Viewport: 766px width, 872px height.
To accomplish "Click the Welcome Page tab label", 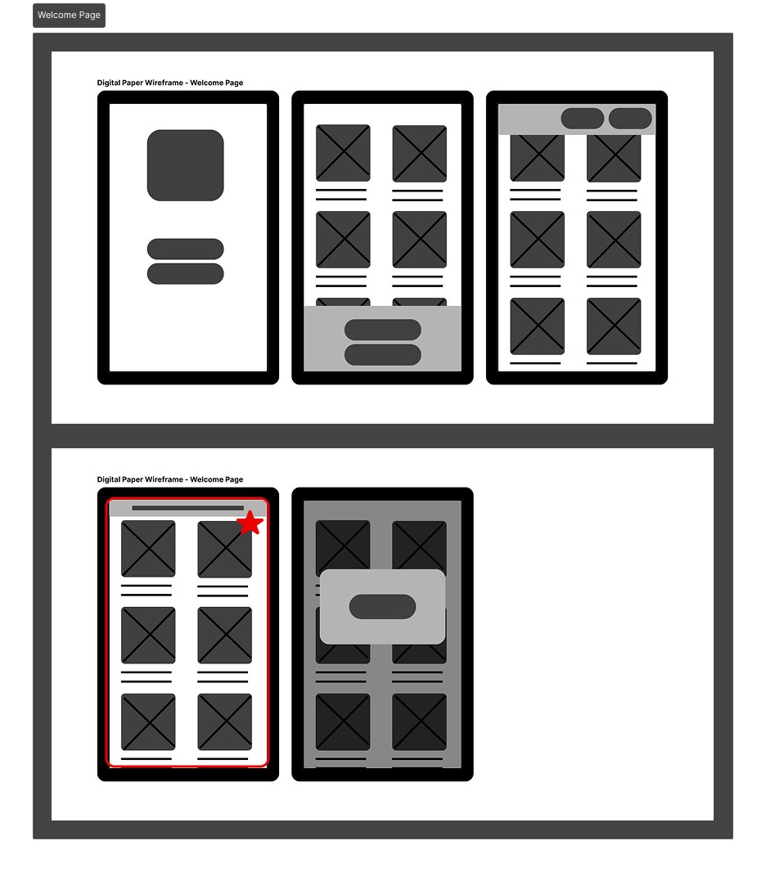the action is tap(69, 15).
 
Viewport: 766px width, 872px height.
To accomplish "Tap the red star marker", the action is tap(250, 523).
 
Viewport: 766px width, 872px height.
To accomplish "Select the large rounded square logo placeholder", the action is tap(185, 165).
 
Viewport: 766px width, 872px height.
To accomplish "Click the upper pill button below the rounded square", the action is tap(185, 249).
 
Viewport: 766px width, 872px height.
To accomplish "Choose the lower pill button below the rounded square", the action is tap(185, 274).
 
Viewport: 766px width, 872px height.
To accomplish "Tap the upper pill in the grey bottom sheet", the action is tap(383, 329).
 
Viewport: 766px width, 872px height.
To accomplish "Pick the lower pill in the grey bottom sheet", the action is tap(383, 355).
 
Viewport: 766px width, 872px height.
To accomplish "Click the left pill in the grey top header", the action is tap(583, 119).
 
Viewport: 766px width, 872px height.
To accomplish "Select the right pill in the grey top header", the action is tap(630, 119).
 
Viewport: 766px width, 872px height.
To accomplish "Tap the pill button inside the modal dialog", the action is tap(383, 607).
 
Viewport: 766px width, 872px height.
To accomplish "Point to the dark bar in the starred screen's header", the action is tap(188, 508).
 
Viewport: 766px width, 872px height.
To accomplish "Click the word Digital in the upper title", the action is tap(109, 83).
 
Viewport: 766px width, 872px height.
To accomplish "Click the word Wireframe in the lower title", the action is tap(164, 479).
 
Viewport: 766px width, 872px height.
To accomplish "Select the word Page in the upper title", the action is tap(234, 83).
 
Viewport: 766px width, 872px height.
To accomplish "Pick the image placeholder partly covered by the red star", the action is tap(225, 549).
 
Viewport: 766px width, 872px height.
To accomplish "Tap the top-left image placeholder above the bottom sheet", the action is tap(343, 153).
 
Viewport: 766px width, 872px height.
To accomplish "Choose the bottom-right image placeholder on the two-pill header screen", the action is tap(614, 326).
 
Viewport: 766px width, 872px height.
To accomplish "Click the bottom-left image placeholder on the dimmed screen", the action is tap(343, 721).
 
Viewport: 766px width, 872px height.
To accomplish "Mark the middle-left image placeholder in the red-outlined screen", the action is tap(148, 635).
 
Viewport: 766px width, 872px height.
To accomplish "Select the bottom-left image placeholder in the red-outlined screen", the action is tap(148, 721).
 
